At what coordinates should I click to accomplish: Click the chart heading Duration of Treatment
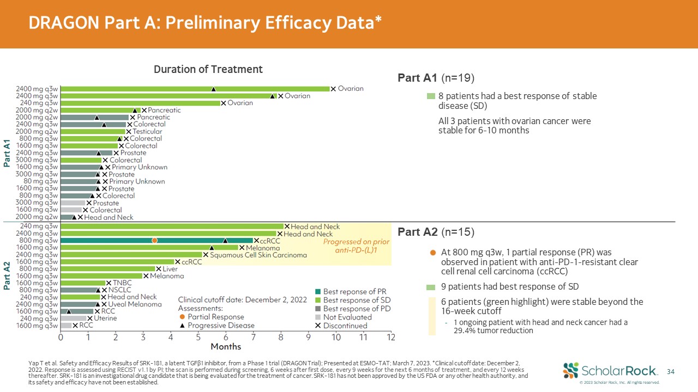pyautogui.click(x=208, y=69)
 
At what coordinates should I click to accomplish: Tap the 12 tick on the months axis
pyautogui.click(x=391, y=337)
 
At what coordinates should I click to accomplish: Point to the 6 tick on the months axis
pyautogui.click(x=226, y=337)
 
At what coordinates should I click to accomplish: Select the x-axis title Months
pyautogui.click(x=226, y=347)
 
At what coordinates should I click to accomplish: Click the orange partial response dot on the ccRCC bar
pyautogui.click(x=155, y=240)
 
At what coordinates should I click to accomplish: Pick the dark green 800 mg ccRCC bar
pyautogui.click(x=109, y=240)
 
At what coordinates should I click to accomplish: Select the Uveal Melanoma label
pyautogui.click(x=135, y=304)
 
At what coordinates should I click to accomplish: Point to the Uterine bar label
pyautogui.click(x=105, y=318)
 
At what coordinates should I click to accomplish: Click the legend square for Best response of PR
pyautogui.click(x=318, y=291)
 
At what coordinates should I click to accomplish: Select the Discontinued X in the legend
pyautogui.click(x=318, y=326)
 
